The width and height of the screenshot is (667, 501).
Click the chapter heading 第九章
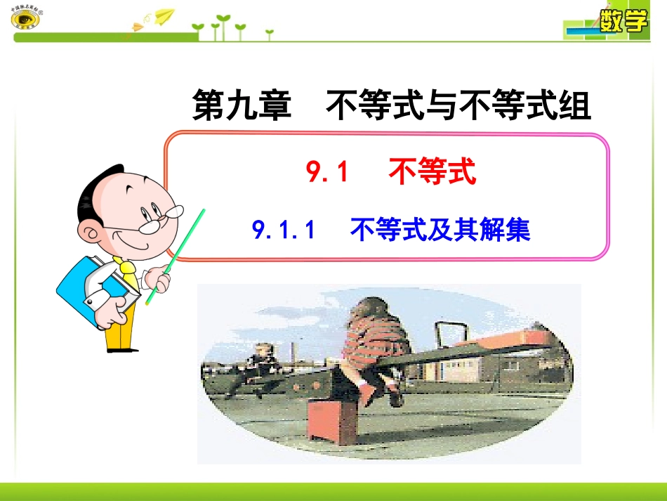(242, 108)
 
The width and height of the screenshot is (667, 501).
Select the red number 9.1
(328, 172)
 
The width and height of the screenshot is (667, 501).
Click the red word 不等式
(432, 172)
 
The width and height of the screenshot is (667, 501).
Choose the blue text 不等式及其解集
(440, 230)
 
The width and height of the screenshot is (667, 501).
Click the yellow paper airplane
(163, 15)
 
